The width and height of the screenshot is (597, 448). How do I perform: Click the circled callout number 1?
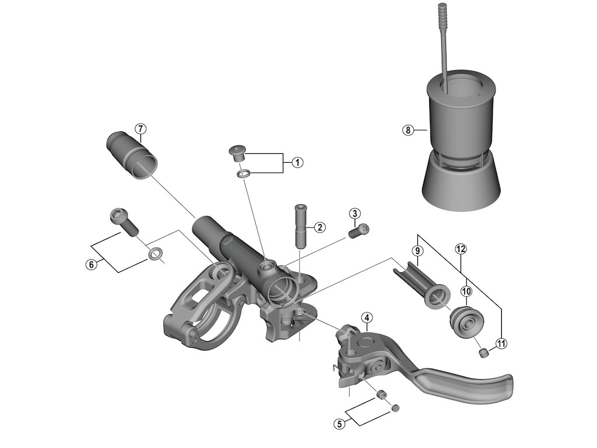tap(297, 162)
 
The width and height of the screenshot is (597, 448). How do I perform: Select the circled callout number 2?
tap(319, 228)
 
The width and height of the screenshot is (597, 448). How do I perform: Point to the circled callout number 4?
tap(366, 318)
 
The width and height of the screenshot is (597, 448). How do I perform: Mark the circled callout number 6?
tap(91, 264)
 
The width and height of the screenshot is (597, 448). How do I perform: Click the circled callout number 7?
tap(140, 128)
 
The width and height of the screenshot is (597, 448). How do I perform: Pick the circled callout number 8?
tap(407, 130)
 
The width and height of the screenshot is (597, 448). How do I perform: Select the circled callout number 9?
tap(416, 250)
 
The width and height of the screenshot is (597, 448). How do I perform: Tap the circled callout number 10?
tap(466, 290)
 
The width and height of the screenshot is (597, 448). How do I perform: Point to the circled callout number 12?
tap(461, 249)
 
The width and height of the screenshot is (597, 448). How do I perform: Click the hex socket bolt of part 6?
tap(122, 220)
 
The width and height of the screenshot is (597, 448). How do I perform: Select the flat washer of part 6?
tap(155, 254)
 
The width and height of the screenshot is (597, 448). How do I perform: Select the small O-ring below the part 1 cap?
tap(244, 174)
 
